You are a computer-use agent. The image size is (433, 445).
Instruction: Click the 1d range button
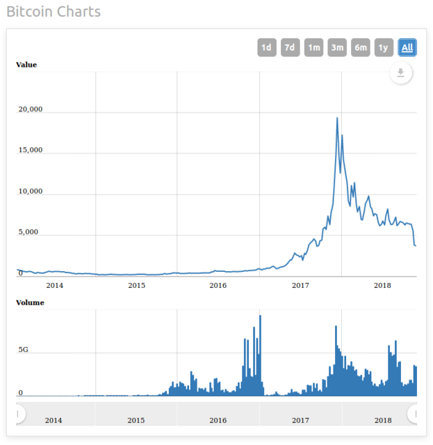point(266,47)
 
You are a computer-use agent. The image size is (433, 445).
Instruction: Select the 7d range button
point(290,47)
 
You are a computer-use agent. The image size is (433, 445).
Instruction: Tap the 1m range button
point(313,47)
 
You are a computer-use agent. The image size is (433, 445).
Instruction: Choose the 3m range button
point(337,47)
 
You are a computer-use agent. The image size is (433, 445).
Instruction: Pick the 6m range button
point(361,47)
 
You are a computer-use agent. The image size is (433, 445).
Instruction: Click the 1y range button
point(384,47)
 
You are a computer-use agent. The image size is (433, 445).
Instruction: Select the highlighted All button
point(407,47)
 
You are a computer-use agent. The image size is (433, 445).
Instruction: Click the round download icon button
point(401,72)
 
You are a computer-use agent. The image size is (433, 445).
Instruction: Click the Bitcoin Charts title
point(54,12)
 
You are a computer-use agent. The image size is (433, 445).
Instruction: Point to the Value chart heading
point(26,65)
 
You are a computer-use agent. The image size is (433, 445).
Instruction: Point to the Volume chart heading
point(30,302)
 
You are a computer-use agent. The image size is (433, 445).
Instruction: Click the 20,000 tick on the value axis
point(31,109)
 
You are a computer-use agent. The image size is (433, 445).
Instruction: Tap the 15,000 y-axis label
point(31,150)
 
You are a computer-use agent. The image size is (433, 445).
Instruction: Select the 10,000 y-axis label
point(31,191)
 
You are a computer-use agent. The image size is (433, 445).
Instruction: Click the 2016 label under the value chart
point(218,285)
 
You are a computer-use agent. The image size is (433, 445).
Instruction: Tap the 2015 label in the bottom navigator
point(136,420)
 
